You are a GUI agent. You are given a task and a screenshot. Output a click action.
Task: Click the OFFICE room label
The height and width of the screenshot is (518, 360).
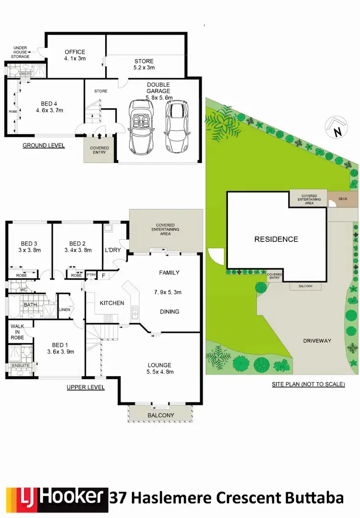pyautogui.click(x=75, y=52)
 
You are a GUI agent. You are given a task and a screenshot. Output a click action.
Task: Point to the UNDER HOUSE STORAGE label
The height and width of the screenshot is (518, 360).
pyautogui.click(x=21, y=52)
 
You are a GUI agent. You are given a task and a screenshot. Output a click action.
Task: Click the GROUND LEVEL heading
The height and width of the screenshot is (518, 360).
pyautogui.click(x=43, y=145)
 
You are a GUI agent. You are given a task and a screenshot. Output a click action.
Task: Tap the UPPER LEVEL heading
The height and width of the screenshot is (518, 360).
pyautogui.click(x=85, y=388)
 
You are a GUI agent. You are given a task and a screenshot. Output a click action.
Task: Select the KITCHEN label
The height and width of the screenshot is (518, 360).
pyautogui.click(x=112, y=303)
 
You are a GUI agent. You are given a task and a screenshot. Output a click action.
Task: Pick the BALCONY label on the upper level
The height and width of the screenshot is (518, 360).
pyautogui.click(x=161, y=415)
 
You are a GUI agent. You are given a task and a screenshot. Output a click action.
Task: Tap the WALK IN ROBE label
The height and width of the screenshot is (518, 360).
pyautogui.click(x=17, y=330)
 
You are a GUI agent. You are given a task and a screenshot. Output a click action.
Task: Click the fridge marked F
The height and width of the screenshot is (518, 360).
pyautogui.click(x=103, y=275)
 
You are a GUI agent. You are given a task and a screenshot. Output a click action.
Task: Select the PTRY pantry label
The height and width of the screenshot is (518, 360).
pyautogui.click(x=91, y=275)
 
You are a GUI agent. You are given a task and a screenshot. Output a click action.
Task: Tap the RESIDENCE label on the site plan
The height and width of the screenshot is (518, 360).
pyautogui.click(x=276, y=239)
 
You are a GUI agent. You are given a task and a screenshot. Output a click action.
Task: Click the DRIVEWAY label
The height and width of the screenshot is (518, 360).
pyautogui.click(x=317, y=341)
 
